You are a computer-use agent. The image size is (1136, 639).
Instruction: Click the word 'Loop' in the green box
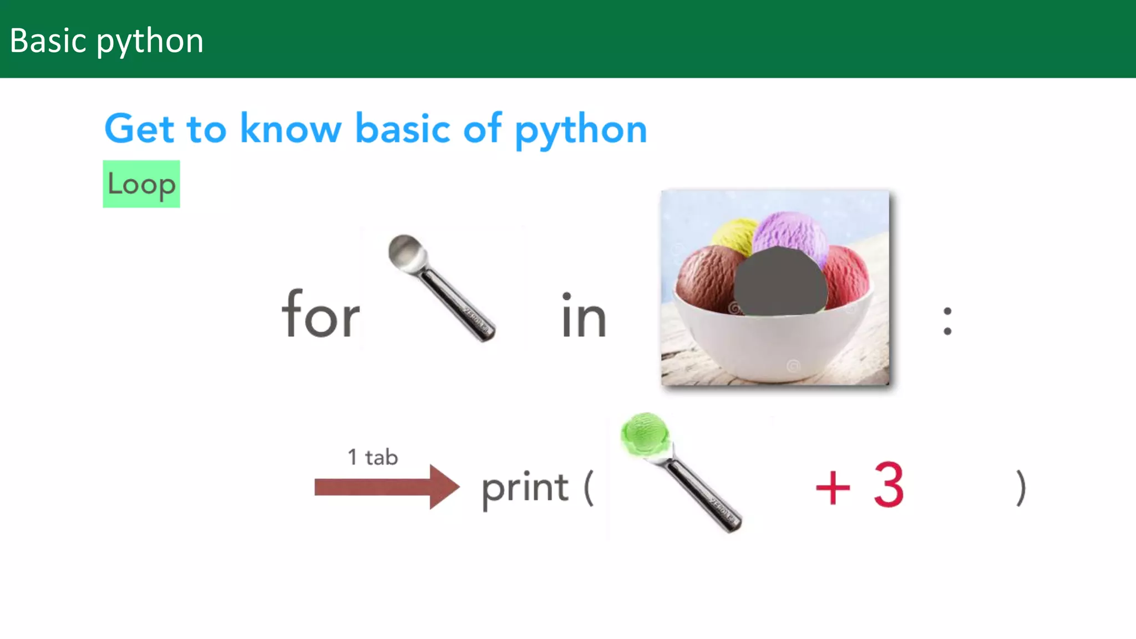pos(141,184)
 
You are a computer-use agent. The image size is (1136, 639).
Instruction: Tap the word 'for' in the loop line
pos(321,315)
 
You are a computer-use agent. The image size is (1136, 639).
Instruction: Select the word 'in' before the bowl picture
pos(584,316)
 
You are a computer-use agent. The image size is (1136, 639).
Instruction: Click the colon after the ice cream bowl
pos(947,321)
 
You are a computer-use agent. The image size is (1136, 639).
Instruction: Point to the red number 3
pos(889,485)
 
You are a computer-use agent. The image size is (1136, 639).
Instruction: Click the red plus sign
pos(833,488)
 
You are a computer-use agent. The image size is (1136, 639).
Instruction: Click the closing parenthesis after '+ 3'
pos(1021,488)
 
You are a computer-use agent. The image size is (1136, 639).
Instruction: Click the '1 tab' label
pos(373,458)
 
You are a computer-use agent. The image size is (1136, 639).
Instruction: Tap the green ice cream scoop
pos(645,433)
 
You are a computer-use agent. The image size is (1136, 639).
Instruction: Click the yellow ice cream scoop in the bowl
pos(733,236)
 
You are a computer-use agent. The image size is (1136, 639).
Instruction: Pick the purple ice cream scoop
pos(790,233)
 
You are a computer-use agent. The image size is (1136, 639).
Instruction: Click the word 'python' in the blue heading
pos(581,129)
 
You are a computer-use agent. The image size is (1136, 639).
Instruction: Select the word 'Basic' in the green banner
pos(49,41)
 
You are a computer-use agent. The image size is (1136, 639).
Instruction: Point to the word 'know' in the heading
pos(291,129)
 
